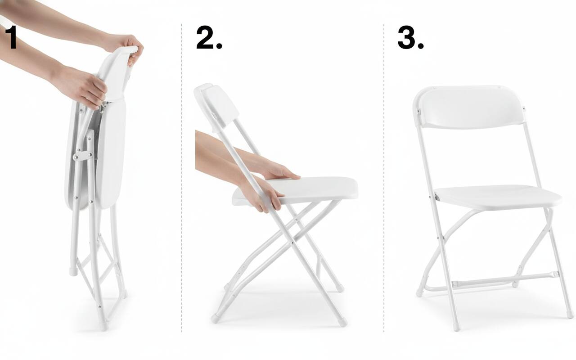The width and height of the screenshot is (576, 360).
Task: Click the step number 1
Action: coord(11,37)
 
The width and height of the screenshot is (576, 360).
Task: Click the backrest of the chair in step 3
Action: coord(470,107)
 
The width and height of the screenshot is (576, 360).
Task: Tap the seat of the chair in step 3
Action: coord(498,197)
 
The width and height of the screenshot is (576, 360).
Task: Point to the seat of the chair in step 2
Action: coord(296,191)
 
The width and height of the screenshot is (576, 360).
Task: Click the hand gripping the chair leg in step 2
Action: coord(260,195)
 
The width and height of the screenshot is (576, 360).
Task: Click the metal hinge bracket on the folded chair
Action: coord(83,156)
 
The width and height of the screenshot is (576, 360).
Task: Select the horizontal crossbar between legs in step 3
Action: coord(504,279)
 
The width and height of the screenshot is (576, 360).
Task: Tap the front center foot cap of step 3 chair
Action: coord(456,327)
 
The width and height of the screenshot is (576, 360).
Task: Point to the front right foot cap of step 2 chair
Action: coord(343,323)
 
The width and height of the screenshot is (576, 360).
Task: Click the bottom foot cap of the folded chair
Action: coord(103,326)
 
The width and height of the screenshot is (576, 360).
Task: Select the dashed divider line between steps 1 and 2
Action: coord(182,178)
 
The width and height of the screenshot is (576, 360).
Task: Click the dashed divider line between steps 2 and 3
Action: coord(384,178)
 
